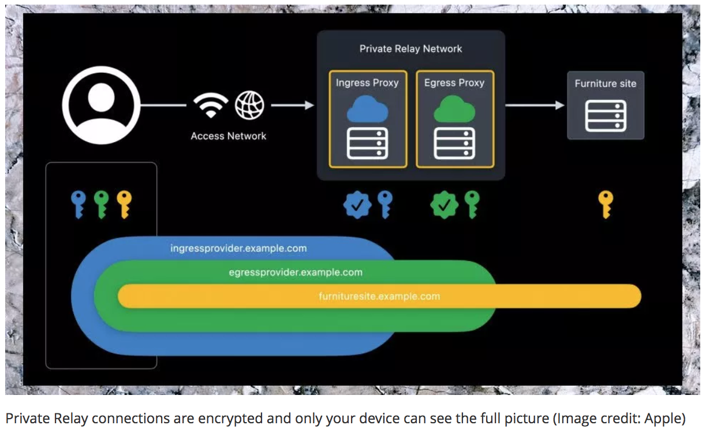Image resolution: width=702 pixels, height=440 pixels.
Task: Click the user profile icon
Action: (x=101, y=105)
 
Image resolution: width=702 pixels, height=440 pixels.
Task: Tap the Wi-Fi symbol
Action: (x=211, y=105)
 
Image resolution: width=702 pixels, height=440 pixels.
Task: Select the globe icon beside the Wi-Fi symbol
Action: (x=249, y=105)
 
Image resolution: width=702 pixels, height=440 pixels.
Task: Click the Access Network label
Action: (x=229, y=136)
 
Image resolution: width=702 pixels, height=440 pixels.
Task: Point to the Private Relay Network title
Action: (x=410, y=49)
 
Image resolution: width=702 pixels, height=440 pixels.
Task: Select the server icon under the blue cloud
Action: (x=367, y=143)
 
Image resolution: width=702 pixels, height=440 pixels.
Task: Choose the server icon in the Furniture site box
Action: (x=606, y=115)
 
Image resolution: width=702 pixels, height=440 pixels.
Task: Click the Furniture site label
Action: (x=605, y=84)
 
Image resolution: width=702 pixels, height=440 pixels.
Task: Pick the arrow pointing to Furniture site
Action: (x=535, y=105)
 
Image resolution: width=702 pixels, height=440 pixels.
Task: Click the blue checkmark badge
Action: (x=357, y=204)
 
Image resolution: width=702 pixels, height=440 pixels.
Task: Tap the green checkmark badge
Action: (x=444, y=204)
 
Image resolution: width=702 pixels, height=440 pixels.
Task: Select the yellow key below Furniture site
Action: (x=605, y=204)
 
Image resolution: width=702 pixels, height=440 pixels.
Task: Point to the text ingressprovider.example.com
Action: (x=238, y=249)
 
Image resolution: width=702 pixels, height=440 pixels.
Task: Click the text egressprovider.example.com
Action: (x=296, y=273)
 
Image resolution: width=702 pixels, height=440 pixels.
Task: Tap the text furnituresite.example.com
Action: (x=379, y=297)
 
